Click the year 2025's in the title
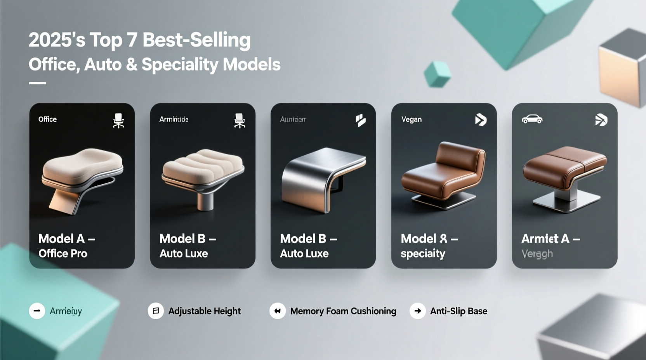point(57,40)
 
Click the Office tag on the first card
point(47,119)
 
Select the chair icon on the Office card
point(118,121)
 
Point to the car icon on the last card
point(532,119)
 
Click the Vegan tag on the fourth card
point(412,119)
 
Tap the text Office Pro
point(63,253)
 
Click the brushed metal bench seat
point(323,178)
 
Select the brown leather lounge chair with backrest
point(443,173)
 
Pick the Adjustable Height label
point(205,311)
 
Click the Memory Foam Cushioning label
point(343,311)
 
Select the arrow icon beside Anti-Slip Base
point(418,311)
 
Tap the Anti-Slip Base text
point(458,311)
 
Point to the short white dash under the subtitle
point(37,83)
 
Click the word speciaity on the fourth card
point(423,254)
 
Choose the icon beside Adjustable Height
point(156,311)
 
